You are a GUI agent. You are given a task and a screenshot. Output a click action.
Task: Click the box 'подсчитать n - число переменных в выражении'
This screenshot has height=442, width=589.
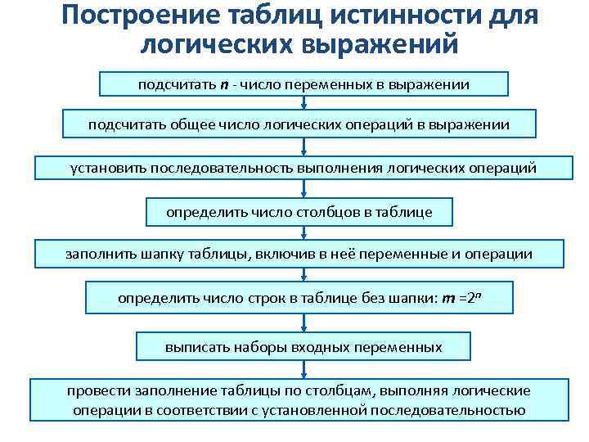pyautogui.click(x=303, y=83)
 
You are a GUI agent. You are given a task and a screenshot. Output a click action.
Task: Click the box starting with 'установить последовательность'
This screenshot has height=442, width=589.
pyautogui.click(x=303, y=168)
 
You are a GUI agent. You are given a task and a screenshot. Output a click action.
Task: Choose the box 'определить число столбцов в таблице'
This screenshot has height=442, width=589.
pyautogui.click(x=299, y=212)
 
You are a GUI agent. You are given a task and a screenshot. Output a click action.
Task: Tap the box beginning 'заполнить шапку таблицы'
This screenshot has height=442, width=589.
pyautogui.click(x=299, y=254)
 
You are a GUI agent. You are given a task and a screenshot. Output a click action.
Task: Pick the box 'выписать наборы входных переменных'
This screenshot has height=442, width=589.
pyautogui.click(x=303, y=347)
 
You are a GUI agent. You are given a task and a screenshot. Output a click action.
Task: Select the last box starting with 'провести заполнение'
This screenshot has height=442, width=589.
pyautogui.click(x=299, y=399)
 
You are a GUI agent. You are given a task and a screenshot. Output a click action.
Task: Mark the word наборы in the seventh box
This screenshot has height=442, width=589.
pyautogui.click(x=257, y=347)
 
